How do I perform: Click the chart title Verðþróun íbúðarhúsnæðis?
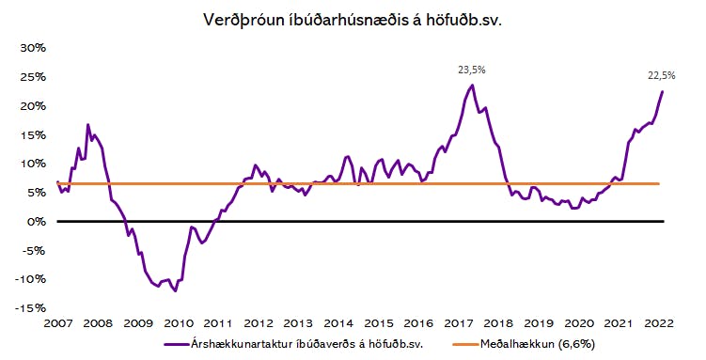pyautogui.click(x=352, y=20)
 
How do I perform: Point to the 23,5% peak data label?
pyautogui.click(x=472, y=70)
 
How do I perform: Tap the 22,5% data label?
pyautogui.click(x=662, y=75)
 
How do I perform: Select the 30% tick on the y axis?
pyautogui.click(x=33, y=48)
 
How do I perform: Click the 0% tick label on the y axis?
pyautogui.click(x=36, y=222)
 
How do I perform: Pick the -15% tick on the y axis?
pyautogui.click(x=30, y=308)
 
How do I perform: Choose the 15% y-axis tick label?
pyautogui.click(x=33, y=135)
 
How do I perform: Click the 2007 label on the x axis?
pyautogui.click(x=58, y=323)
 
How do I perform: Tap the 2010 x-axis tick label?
pyautogui.click(x=179, y=323)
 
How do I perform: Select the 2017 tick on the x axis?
pyautogui.click(x=459, y=323)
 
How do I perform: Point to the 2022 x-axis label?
pyautogui.click(x=659, y=323)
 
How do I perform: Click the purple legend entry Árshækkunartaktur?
pyautogui.click(x=293, y=344)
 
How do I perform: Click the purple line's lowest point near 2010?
pyautogui.click(x=175, y=291)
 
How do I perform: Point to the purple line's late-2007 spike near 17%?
pyautogui.click(x=87, y=124)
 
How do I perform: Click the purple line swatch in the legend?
pyautogui.click(x=176, y=344)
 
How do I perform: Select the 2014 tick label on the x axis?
pyautogui.click(x=338, y=323)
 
